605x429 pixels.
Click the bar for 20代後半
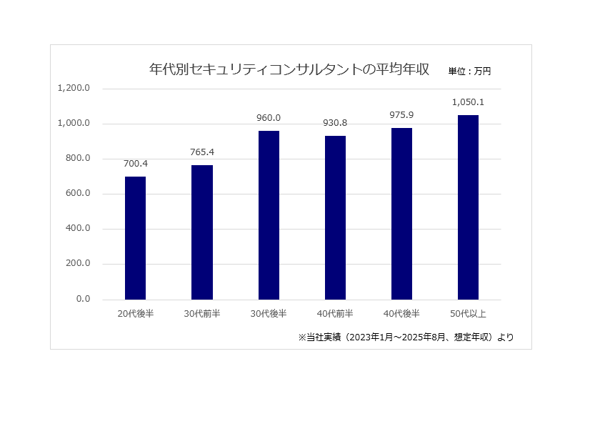[x=135, y=237]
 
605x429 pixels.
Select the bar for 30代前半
[x=202, y=232]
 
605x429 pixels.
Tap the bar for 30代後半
[x=269, y=214]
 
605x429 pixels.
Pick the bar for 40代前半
[x=335, y=217]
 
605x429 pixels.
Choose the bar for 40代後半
[x=401, y=213]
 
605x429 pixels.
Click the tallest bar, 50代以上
[x=468, y=207]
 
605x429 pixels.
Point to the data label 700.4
[x=136, y=164]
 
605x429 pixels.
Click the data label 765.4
[x=202, y=152]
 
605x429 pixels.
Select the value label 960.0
[x=269, y=118]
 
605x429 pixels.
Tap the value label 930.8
[x=335, y=123]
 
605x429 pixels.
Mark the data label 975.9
[x=401, y=115]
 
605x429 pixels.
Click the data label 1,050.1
[x=468, y=102]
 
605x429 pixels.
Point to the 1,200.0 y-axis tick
[x=74, y=89]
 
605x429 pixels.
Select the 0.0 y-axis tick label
[x=83, y=299]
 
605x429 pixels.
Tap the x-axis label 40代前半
[x=335, y=314]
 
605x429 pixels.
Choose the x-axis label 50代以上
[x=468, y=314]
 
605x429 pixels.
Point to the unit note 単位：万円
[x=469, y=71]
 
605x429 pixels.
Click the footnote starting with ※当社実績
[x=405, y=337]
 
